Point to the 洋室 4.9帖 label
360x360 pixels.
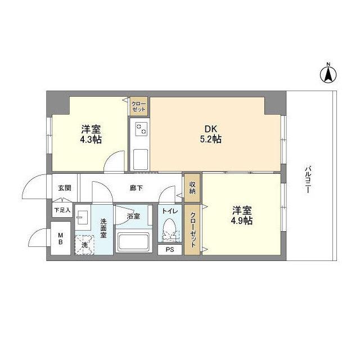coord(241,215)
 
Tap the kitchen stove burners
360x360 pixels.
coord(139,129)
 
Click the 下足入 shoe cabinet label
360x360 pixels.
coord(62,210)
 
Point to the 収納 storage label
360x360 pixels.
coord(192,187)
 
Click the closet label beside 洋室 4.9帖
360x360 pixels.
coord(192,228)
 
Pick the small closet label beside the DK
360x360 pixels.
coord(138,107)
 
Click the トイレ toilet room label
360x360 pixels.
coord(170,211)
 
